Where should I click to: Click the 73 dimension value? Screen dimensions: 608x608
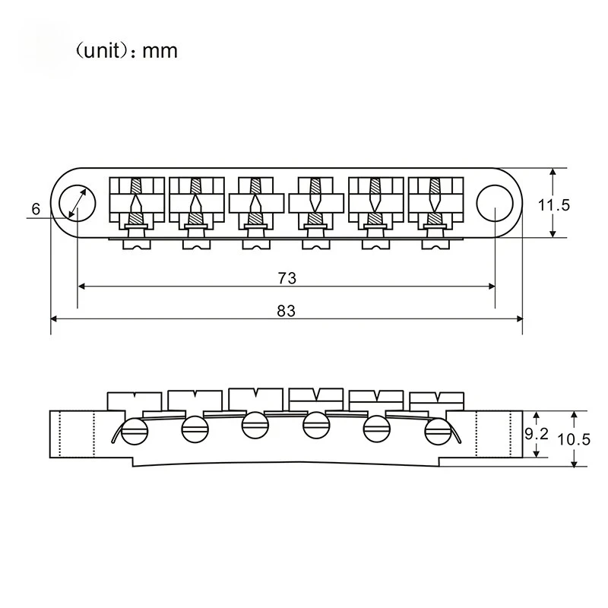[x=287, y=278]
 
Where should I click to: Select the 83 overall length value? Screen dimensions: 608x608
[x=287, y=311]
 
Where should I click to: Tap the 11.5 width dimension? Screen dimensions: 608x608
[x=554, y=204]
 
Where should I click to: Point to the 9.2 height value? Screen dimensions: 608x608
[x=537, y=434]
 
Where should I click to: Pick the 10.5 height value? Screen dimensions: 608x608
[x=574, y=439]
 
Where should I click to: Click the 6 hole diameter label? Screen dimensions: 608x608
[x=36, y=209]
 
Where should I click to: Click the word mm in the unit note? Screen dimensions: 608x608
[x=160, y=51]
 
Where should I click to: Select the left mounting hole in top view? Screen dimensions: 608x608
[x=78, y=203]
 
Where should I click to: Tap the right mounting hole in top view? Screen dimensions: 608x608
[x=495, y=203]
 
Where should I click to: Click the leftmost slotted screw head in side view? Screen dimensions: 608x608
[x=135, y=431]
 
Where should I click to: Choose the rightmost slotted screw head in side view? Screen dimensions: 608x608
[x=439, y=431]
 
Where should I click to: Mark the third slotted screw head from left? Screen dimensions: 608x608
[x=255, y=425]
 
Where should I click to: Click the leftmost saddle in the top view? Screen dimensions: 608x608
[x=137, y=204]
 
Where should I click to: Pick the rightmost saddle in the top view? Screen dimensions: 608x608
[x=435, y=204]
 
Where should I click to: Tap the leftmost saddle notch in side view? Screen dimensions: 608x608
[x=135, y=394]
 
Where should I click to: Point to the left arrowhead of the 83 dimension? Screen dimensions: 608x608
[x=54, y=318]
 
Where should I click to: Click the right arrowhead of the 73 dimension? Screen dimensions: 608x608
[x=491, y=287]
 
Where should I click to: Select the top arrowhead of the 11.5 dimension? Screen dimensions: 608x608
[x=553, y=172]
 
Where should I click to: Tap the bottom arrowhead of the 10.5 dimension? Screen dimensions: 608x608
[x=575, y=464]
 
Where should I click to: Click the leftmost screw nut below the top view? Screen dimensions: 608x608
[x=137, y=244]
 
